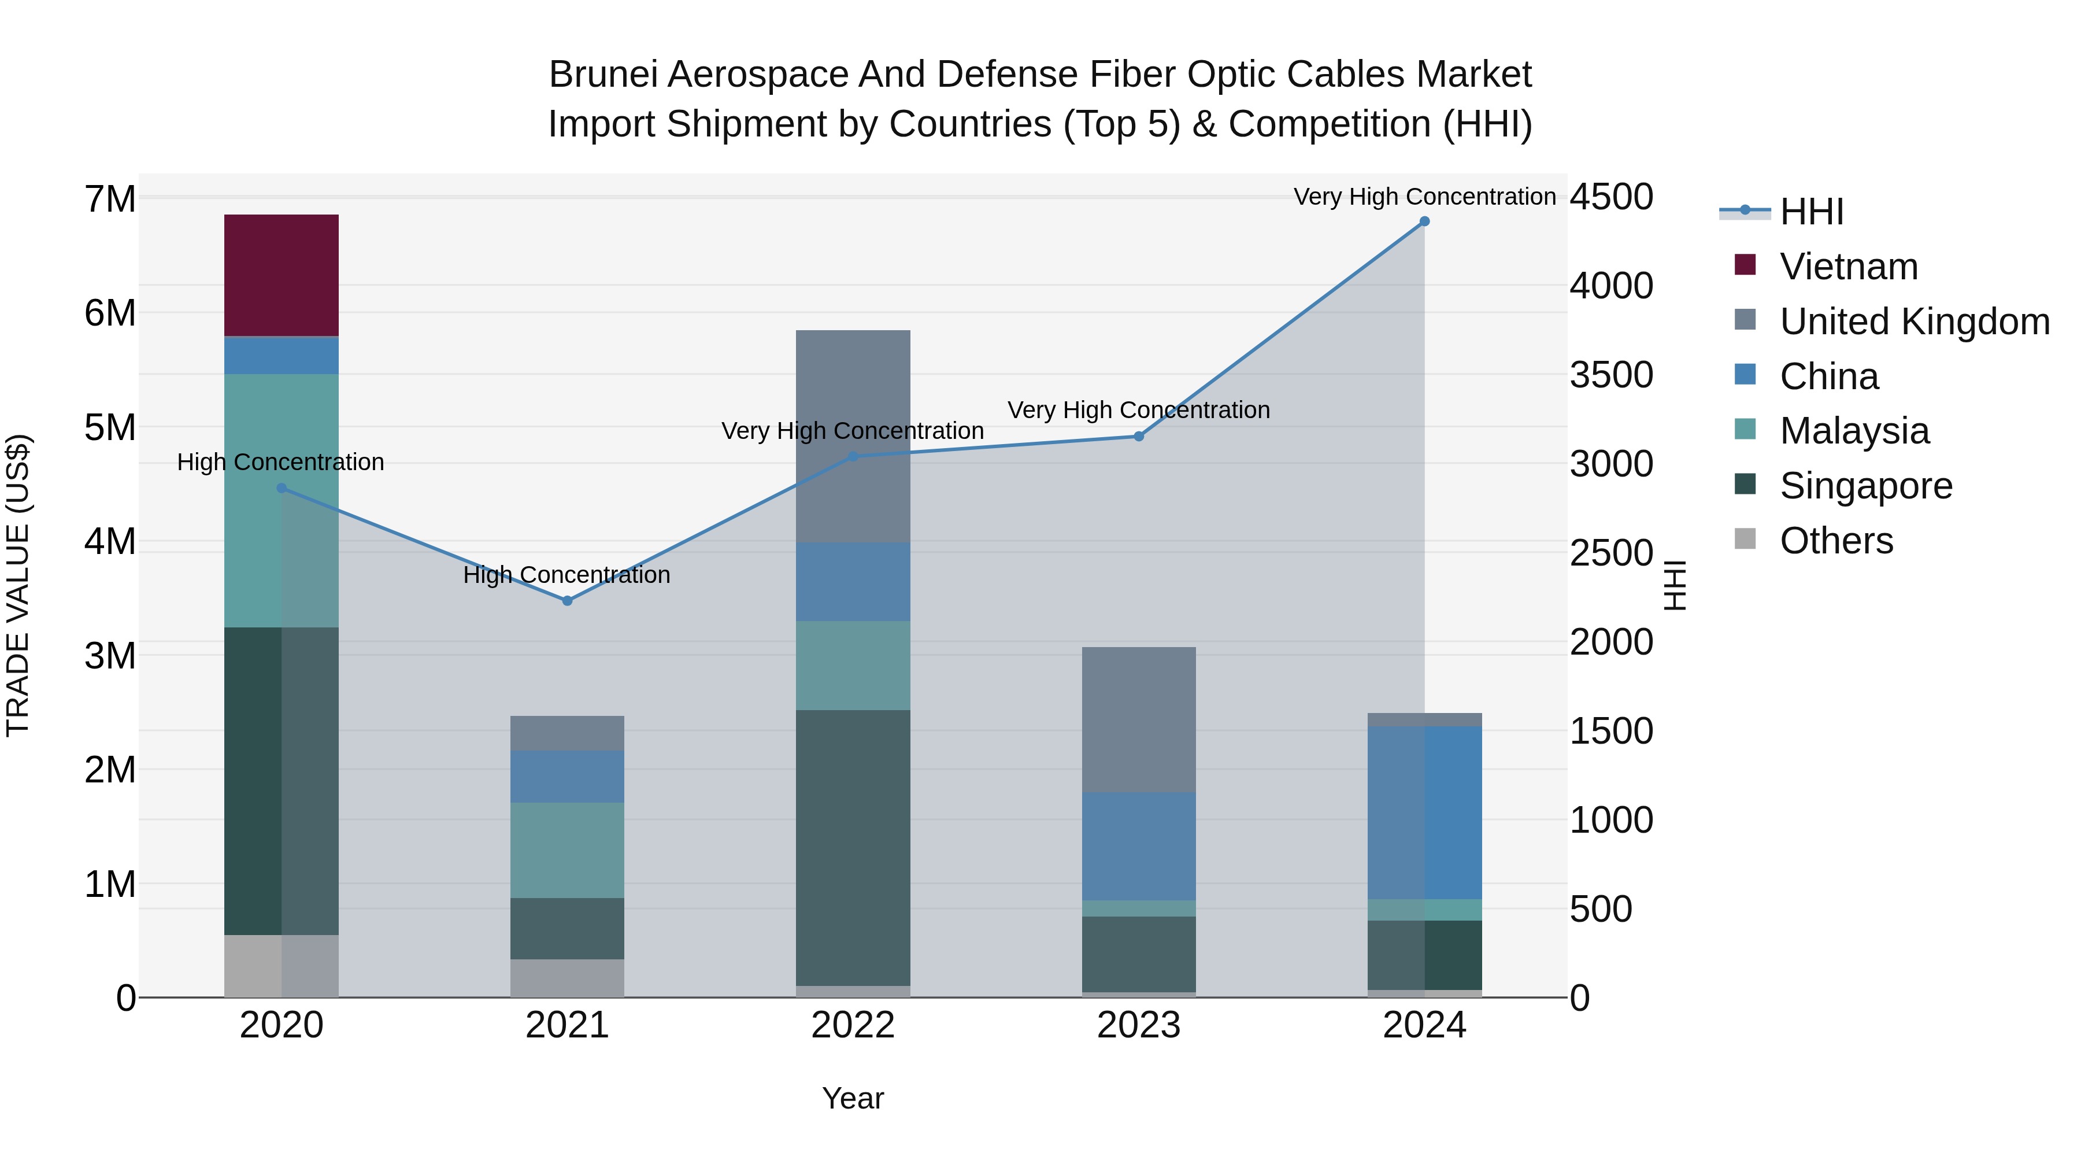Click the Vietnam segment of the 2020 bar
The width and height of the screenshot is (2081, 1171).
(281, 275)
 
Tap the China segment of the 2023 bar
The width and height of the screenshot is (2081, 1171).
(1139, 845)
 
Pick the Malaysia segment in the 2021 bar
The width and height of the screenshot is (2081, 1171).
(567, 849)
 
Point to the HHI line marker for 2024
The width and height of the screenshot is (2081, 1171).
(1424, 221)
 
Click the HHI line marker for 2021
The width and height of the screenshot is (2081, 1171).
(567, 600)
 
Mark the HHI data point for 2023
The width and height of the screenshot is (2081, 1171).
(1139, 437)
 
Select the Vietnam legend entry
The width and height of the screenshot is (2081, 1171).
(1849, 267)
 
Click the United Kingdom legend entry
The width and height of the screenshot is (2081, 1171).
(1915, 322)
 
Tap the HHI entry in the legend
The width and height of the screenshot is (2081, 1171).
(1811, 212)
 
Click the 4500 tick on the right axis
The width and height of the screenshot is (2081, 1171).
(1612, 197)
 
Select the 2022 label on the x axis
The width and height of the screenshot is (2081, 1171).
(853, 1025)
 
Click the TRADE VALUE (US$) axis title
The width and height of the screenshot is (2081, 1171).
(18, 585)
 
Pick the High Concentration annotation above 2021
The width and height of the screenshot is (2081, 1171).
(567, 575)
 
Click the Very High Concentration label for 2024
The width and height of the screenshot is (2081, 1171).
(1424, 197)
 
